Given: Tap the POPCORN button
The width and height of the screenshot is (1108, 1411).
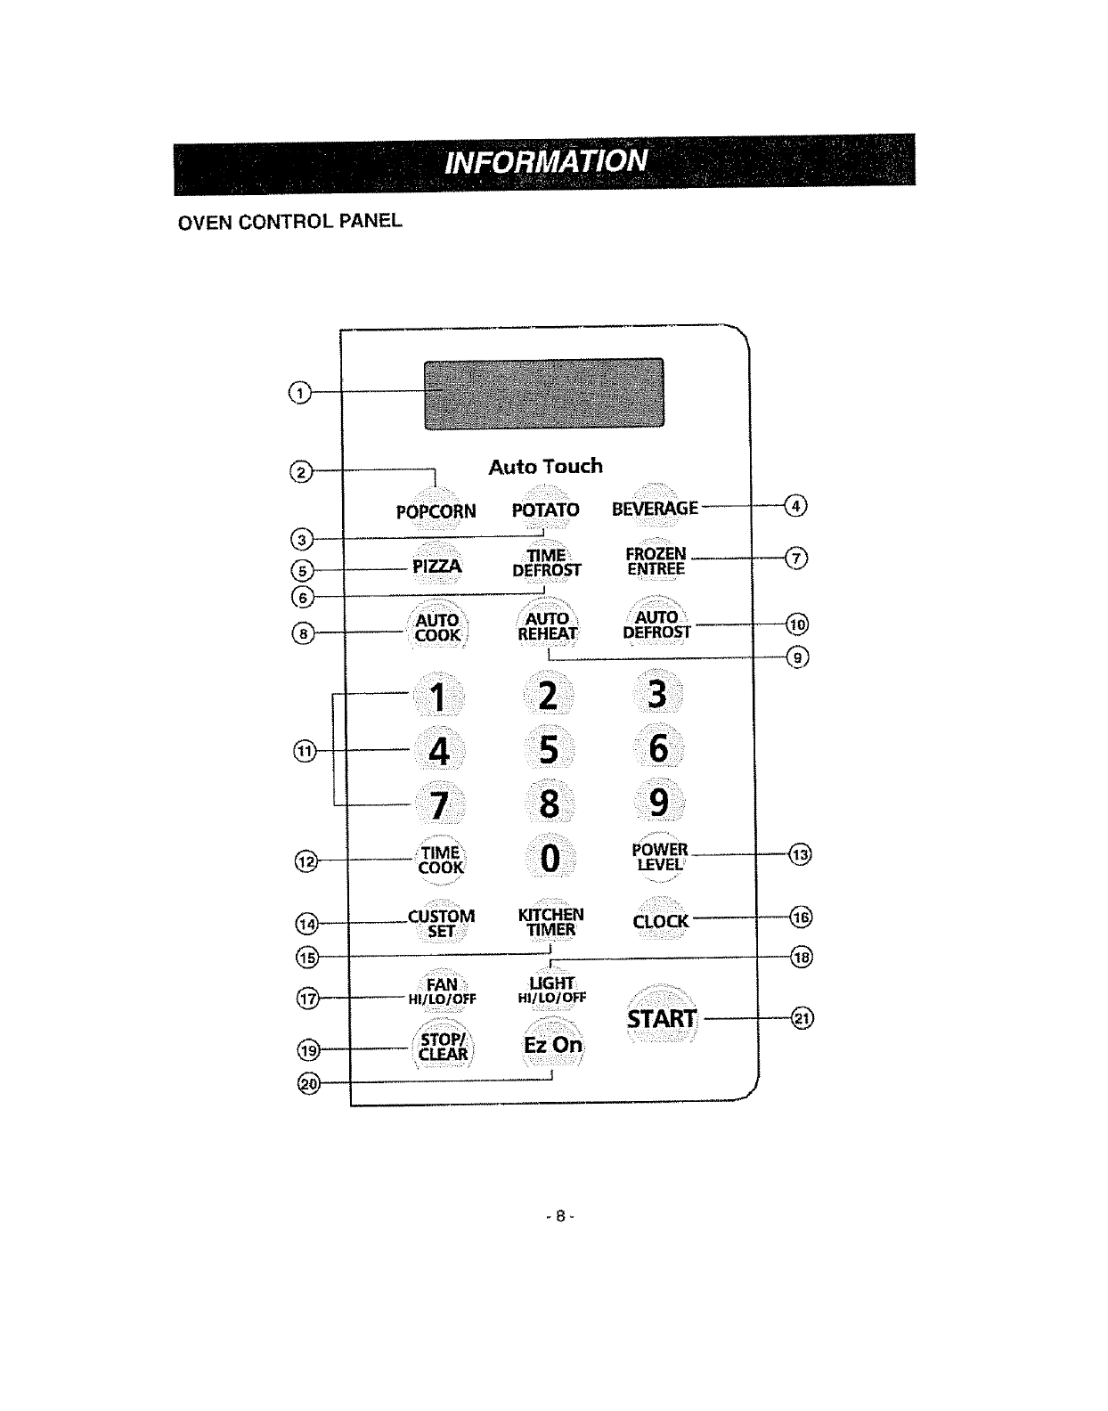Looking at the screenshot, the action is coord(436,510).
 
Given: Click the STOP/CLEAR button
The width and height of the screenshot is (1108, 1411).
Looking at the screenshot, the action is coord(443,1047).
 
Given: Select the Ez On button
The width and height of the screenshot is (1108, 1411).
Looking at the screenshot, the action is coord(553,1044).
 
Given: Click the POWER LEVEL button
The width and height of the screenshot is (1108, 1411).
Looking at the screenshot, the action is coord(659,857).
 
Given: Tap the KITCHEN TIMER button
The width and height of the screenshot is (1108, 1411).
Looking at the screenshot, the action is coord(551,923).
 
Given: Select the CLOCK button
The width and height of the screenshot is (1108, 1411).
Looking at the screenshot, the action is coord(660,921).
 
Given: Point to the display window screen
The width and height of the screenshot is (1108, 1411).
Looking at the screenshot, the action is coord(544,393).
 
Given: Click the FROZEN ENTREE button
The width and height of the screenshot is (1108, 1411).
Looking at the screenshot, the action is coord(656,561).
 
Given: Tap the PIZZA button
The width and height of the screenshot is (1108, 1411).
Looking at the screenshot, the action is coord(436,567).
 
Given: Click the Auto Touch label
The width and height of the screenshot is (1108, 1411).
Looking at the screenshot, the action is coord(545,466).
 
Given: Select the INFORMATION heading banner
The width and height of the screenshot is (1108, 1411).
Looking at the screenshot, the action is coord(544,160).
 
